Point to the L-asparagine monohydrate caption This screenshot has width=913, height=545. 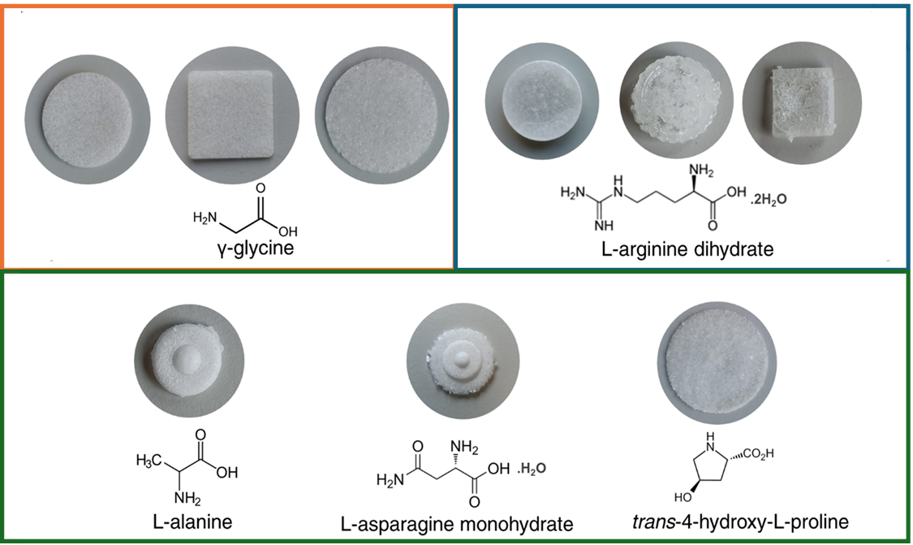(457, 524)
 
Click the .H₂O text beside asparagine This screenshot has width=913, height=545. (530, 469)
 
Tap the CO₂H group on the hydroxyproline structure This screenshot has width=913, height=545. (758, 453)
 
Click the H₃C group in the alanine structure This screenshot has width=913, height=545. (147, 461)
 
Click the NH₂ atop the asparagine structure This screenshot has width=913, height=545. (465, 448)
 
